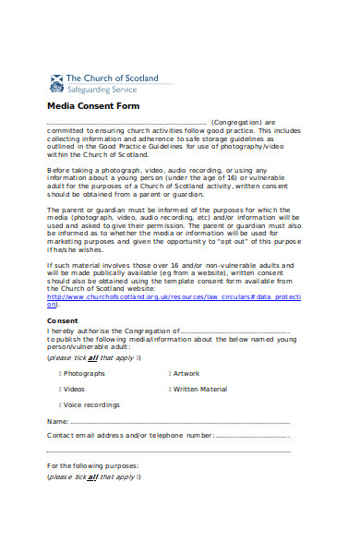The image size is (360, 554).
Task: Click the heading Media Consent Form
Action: tap(84, 106)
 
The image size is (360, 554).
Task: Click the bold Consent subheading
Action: tap(63, 320)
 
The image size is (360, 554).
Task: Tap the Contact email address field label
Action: tap(128, 435)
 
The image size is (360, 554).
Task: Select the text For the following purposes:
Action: tap(92, 466)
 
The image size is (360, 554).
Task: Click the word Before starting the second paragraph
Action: tap(58, 170)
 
